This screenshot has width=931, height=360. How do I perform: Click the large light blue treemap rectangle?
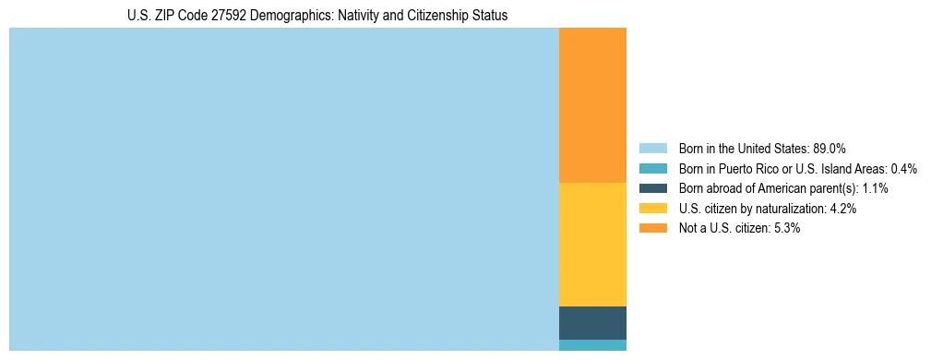pos(284,189)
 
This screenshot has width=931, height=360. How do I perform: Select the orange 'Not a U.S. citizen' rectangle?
pos(592,105)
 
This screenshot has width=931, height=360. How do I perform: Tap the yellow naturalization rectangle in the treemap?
pos(592,245)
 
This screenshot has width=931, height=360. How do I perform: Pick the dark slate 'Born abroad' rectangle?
pos(592,323)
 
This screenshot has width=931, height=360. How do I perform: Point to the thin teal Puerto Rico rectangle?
pos(592,345)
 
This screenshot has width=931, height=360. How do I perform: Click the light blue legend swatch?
pos(653,148)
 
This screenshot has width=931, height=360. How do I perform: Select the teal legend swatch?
pos(653,168)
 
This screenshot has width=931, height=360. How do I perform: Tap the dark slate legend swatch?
pos(653,188)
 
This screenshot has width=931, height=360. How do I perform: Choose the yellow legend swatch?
pos(653,209)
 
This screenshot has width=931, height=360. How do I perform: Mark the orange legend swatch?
pos(653,229)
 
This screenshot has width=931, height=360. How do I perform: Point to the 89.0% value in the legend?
pos(830,148)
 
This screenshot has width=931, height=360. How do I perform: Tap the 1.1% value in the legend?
pos(875,188)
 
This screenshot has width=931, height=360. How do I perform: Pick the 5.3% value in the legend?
pos(786,229)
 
